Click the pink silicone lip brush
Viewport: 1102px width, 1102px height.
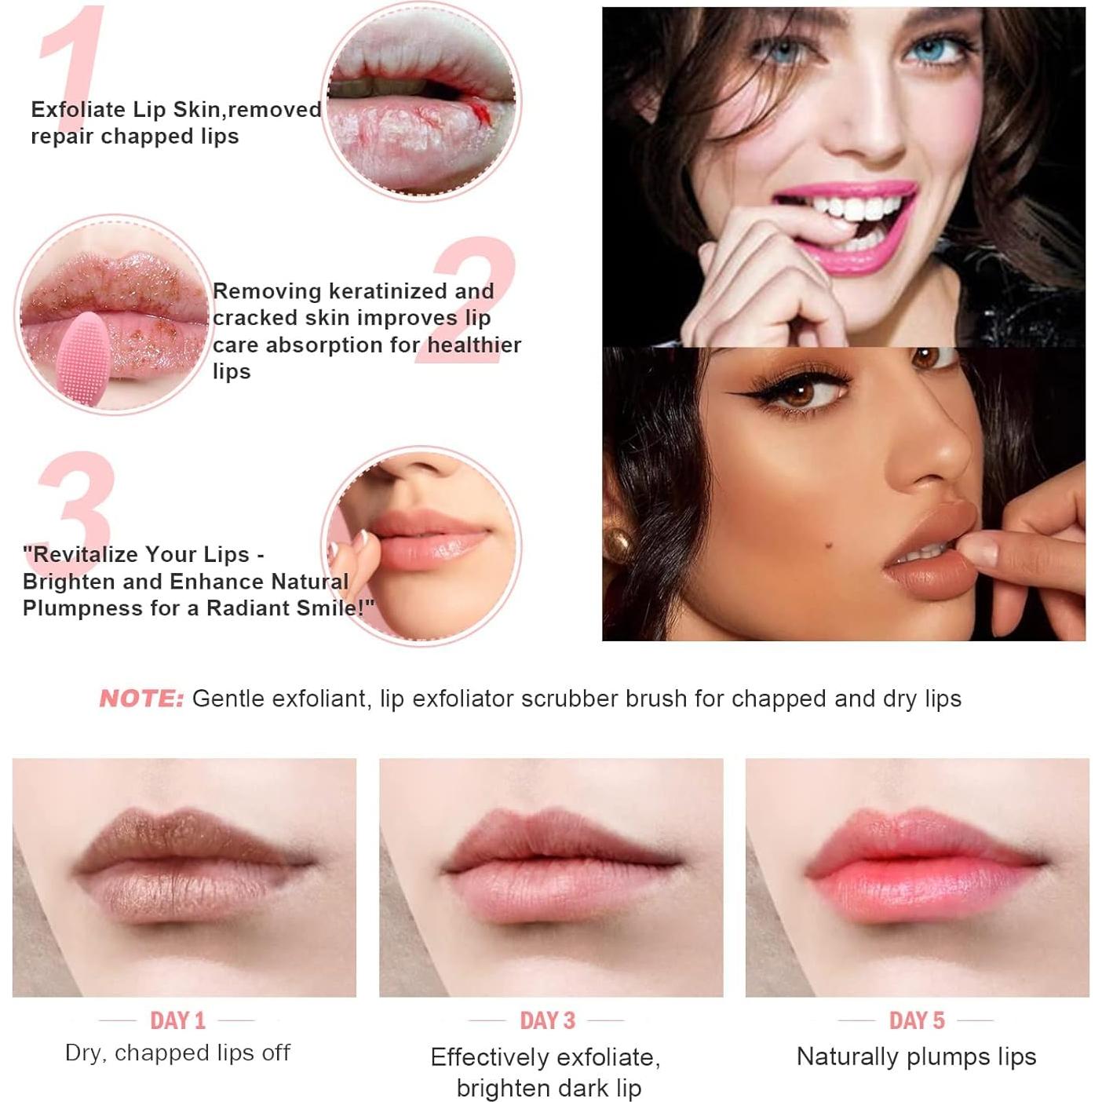point(82,358)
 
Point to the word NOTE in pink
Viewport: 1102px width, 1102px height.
point(141,699)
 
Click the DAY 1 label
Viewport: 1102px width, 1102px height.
point(177,1020)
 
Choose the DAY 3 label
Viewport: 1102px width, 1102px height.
point(547,1020)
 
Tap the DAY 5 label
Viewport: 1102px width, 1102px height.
point(916,1020)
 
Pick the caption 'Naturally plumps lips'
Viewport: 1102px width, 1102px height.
point(916,1056)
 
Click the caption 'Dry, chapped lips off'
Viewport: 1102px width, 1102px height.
point(177,1053)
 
